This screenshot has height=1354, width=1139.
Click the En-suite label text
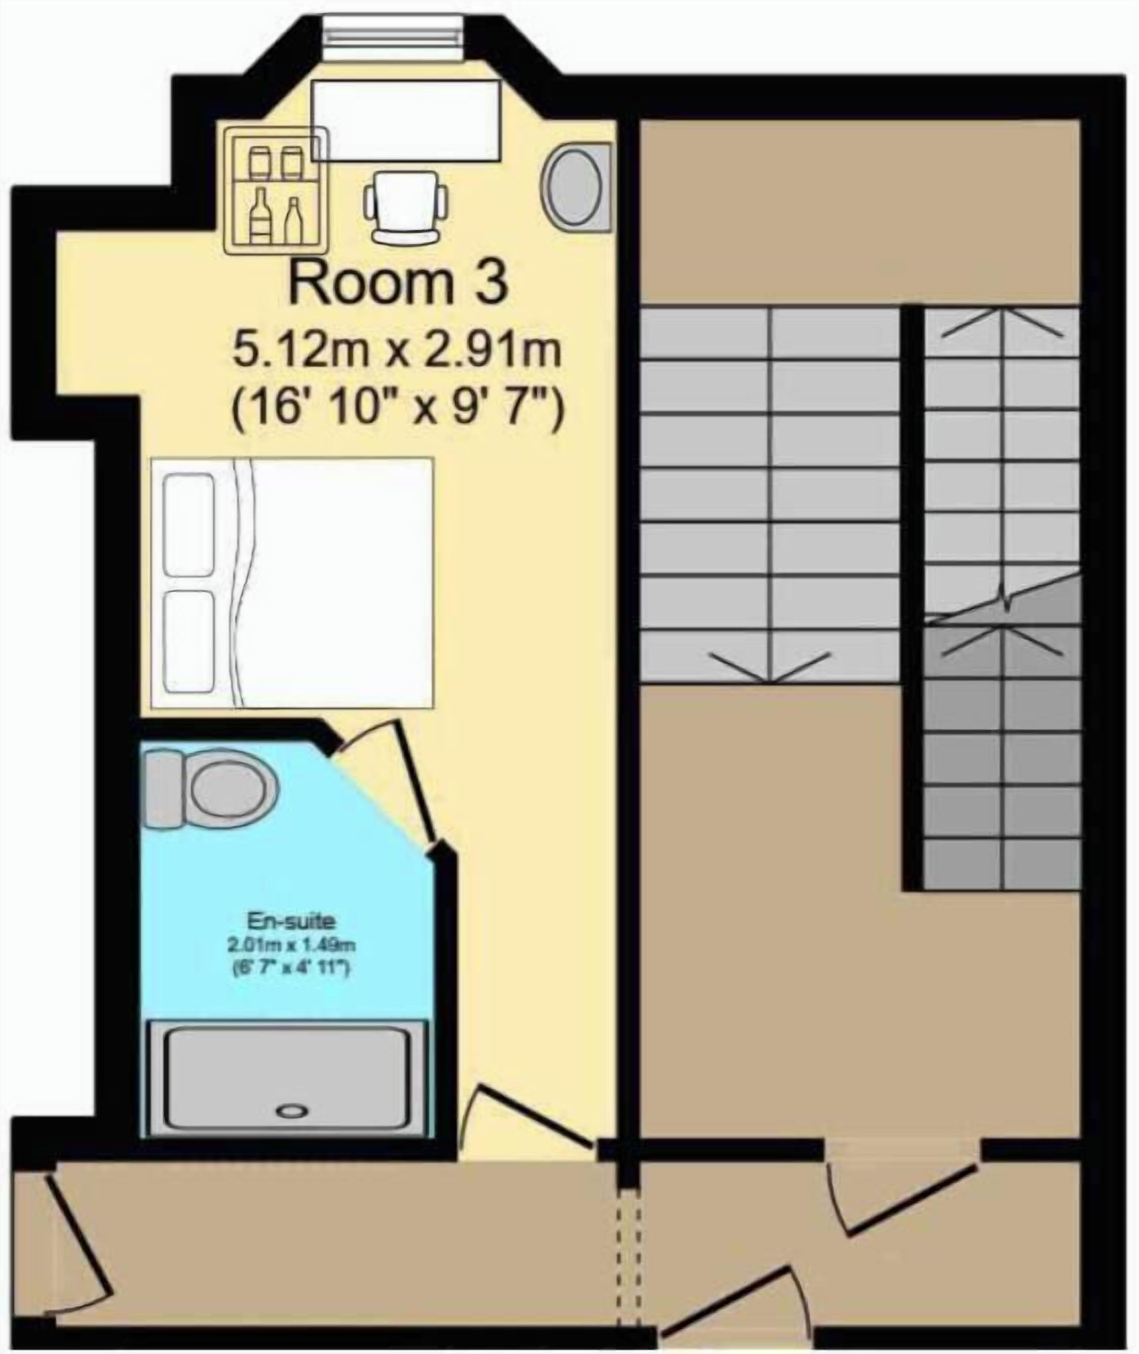(x=292, y=920)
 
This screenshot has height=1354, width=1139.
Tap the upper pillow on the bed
(x=189, y=525)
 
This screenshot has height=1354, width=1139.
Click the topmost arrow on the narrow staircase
(x=1002, y=323)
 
